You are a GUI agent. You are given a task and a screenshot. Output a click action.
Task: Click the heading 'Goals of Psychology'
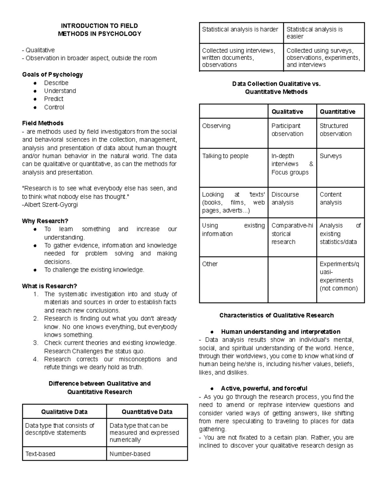[52, 75]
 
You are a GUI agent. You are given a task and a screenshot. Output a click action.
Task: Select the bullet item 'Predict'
[54, 99]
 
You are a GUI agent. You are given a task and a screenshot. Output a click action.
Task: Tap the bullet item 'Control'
[54, 107]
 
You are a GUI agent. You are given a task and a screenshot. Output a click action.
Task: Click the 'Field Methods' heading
[43, 123]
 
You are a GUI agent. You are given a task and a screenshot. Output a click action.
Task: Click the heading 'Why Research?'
[45, 221]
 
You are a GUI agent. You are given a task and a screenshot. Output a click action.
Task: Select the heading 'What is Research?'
[50, 286]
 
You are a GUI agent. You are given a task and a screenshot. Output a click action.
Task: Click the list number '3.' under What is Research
[36, 343]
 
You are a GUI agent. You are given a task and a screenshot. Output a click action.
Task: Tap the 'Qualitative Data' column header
[64, 412]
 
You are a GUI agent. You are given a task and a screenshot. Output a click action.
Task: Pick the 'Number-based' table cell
[130, 454]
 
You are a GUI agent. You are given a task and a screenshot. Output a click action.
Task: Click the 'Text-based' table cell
[40, 454]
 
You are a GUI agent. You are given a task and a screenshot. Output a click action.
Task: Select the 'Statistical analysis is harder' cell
[240, 29]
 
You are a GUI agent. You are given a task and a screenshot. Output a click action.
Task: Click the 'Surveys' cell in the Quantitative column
[331, 156]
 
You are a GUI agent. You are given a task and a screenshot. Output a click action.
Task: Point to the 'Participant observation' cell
[287, 130]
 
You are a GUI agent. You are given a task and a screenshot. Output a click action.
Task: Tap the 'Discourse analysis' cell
[285, 199]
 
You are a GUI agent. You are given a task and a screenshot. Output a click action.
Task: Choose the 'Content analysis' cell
[331, 199]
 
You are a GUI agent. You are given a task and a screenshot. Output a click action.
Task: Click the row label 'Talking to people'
[225, 156]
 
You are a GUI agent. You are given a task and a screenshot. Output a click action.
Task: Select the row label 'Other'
[210, 264]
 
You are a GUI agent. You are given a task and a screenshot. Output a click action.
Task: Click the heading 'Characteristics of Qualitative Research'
[276, 315]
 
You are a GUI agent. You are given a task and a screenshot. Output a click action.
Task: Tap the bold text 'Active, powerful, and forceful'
[264, 389]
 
